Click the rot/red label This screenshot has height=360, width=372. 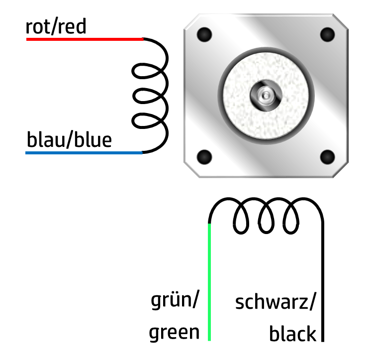[56, 27]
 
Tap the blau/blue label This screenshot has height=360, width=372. [69, 140]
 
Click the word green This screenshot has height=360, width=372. [174, 332]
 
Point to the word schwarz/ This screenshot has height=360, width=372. [275, 302]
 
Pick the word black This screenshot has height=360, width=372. [292, 334]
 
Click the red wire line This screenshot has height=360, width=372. [85, 39]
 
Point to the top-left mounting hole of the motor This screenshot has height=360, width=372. [204, 35]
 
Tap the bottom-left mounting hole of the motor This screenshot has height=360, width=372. [204, 157]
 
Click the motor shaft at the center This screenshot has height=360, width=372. [266, 94]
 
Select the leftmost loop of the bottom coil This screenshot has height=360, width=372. [242, 219]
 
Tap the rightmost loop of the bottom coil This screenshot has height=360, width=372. [291, 219]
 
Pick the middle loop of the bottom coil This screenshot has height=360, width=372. [266, 219]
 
